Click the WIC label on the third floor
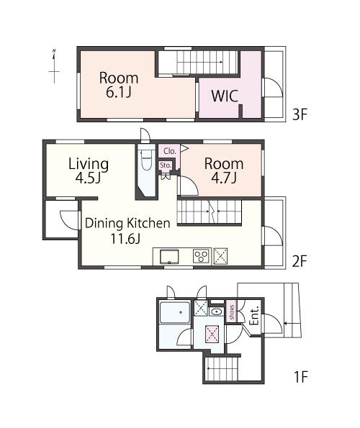coord(225,96)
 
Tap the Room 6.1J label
coord(119,85)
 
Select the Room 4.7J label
coord(224,170)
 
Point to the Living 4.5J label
coord(89,170)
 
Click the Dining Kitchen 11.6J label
coord(127,231)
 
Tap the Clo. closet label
coord(170,151)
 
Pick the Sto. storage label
coord(166,165)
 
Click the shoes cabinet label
coord(232,312)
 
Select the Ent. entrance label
coord(254,316)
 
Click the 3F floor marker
coord(300,114)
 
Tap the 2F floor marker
coord(300,261)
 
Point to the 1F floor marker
coord(301,377)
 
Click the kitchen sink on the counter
coord(169,257)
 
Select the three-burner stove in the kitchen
coord(202,256)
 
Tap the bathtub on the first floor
coord(175,312)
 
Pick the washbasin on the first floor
coord(217,311)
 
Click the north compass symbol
coord(54,66)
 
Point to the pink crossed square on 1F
coord(212,334)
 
